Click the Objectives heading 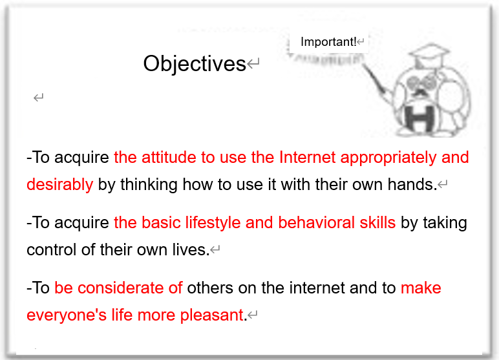coord(195,64)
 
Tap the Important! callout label coord(328,42)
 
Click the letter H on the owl coord(419,118)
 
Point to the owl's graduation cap coord(429,54)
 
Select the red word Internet coord(307,157)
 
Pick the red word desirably coord(60,185)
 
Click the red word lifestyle coord(213,223)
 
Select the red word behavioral coord(316,222)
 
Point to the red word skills coord(377,222)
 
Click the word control coord(51,250)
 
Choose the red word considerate coord(120,288)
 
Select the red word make coord(421,288)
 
